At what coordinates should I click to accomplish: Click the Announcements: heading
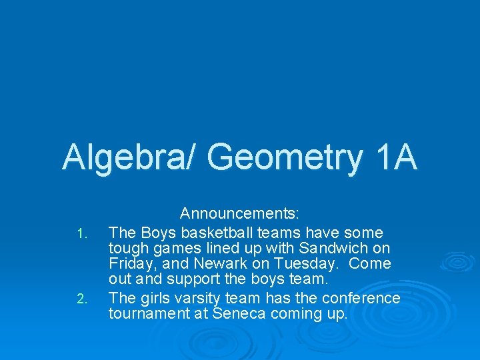[x=239, y=214]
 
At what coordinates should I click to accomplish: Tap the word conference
[x=361, y=298]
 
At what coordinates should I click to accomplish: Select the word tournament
[x=148, y=314]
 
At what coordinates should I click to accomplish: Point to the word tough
[x=126, y=249]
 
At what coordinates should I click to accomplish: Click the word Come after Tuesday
[x=369, y=264]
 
